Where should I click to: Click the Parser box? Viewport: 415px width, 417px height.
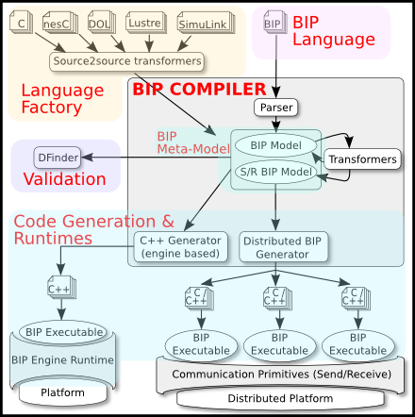275,108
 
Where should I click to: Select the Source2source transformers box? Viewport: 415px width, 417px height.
126,61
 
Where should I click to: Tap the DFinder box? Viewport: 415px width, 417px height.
58,158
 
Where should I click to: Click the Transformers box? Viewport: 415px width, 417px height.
362,159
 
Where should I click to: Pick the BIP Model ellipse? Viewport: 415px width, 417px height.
275,145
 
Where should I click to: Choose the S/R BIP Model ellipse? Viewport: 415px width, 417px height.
275,172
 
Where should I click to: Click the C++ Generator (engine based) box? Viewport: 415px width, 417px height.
180,247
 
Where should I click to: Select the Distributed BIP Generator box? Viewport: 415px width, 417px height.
283,247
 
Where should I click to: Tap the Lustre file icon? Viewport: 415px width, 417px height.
146,23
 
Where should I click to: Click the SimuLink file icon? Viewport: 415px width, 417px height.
206,23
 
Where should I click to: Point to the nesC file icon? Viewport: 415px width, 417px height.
60,23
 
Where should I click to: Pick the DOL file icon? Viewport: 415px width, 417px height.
101,23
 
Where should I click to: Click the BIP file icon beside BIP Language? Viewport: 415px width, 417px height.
275,22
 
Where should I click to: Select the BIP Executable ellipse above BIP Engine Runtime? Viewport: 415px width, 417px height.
63,332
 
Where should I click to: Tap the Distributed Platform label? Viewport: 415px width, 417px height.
280,398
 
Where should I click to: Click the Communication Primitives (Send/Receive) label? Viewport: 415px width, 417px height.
281,375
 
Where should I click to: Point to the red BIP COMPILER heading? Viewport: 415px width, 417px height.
199,89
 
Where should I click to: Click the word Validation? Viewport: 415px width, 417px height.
65,179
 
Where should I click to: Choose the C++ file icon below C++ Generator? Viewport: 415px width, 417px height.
61,287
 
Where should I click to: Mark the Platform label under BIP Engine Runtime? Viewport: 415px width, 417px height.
63,392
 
